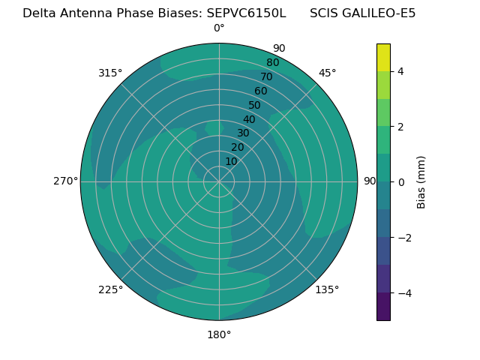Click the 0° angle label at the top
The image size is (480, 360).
pyautogui.click(x=219, y=28)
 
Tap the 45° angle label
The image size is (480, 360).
pyautogui.click(x=328, y=73)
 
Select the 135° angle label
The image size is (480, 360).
pyautogui.click(x=327, y=289)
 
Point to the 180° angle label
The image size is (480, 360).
pyautogui.click(x=219, y=334)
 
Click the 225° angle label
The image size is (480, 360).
pyautogui.click(x=110, y=289)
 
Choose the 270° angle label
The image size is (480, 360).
pyautogui.click(x=65, y=181)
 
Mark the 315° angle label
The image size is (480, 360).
pyautogui.click(x=110, y=73)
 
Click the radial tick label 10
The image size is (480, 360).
pyautogui.click(x=231, y=161)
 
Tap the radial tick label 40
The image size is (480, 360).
pyautogui.click(x=249, y=119)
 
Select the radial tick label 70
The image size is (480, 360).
pyautogui.click(x=266, y=77)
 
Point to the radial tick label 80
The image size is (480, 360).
pyautogui.click(x=272, y=63)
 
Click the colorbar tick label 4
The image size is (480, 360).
pyautogui.click(x=401, y=71)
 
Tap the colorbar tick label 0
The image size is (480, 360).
pyautogui.click(x=401, y=182)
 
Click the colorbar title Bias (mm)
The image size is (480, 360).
pyautogui.click(x=421, y=182)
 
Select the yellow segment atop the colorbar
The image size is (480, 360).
pyautogui.click(x=383, y=57)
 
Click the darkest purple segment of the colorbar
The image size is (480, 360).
pyautogui.click(x=383, y=307)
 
